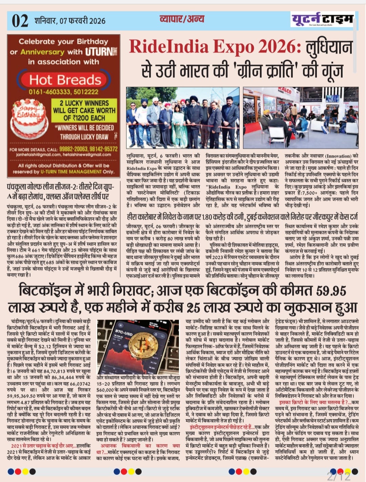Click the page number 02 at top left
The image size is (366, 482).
[20, 21]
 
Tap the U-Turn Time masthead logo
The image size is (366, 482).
[322, 20]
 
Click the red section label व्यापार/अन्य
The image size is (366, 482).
[182, 19]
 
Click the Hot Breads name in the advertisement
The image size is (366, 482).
[65, 80]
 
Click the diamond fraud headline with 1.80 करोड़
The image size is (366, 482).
[242, 217]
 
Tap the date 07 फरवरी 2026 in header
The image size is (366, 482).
[82, 21]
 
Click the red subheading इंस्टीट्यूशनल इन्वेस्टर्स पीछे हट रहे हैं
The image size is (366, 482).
[221, 427]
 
